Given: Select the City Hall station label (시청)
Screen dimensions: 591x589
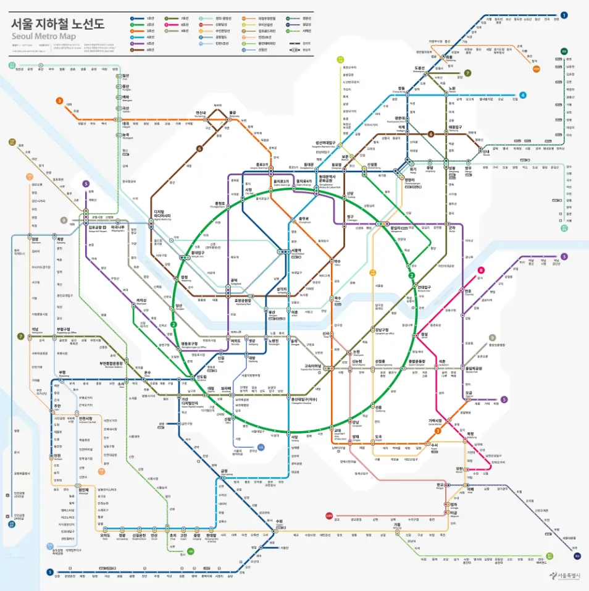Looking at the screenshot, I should pos(249,190).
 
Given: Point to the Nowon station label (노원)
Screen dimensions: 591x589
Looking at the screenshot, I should pos(452,89).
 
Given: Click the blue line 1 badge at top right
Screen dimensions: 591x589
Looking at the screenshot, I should pos(564,15).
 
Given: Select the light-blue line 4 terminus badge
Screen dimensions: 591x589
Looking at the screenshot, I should pos(523,95).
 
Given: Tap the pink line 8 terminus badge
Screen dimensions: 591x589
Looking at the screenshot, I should pos(481,270).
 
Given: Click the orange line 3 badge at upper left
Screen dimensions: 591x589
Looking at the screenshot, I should pos(60,101).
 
